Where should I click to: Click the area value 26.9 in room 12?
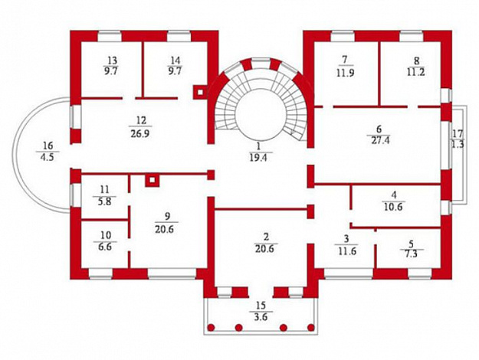point(140,134)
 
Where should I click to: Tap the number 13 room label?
point(112,60)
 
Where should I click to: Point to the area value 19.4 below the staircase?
point(258,158)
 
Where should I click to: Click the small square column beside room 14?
point(200,92)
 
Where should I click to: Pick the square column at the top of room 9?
point(153,180)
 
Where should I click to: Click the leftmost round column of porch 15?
point(211,328)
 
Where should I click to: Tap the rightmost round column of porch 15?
point(311,328)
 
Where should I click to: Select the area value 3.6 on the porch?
point(261,317)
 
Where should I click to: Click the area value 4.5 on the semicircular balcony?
point(48,157)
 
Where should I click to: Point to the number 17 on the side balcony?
point(458,133)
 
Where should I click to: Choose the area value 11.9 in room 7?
point(345,73)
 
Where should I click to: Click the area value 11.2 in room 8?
point(416,72)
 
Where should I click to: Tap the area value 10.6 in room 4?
point(393,207)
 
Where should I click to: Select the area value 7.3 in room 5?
point(412,254)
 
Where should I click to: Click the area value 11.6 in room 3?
point(347,251)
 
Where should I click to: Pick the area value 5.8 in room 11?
point(105,201)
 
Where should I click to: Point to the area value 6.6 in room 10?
point(105,247)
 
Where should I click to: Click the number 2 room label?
point(266,237)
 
